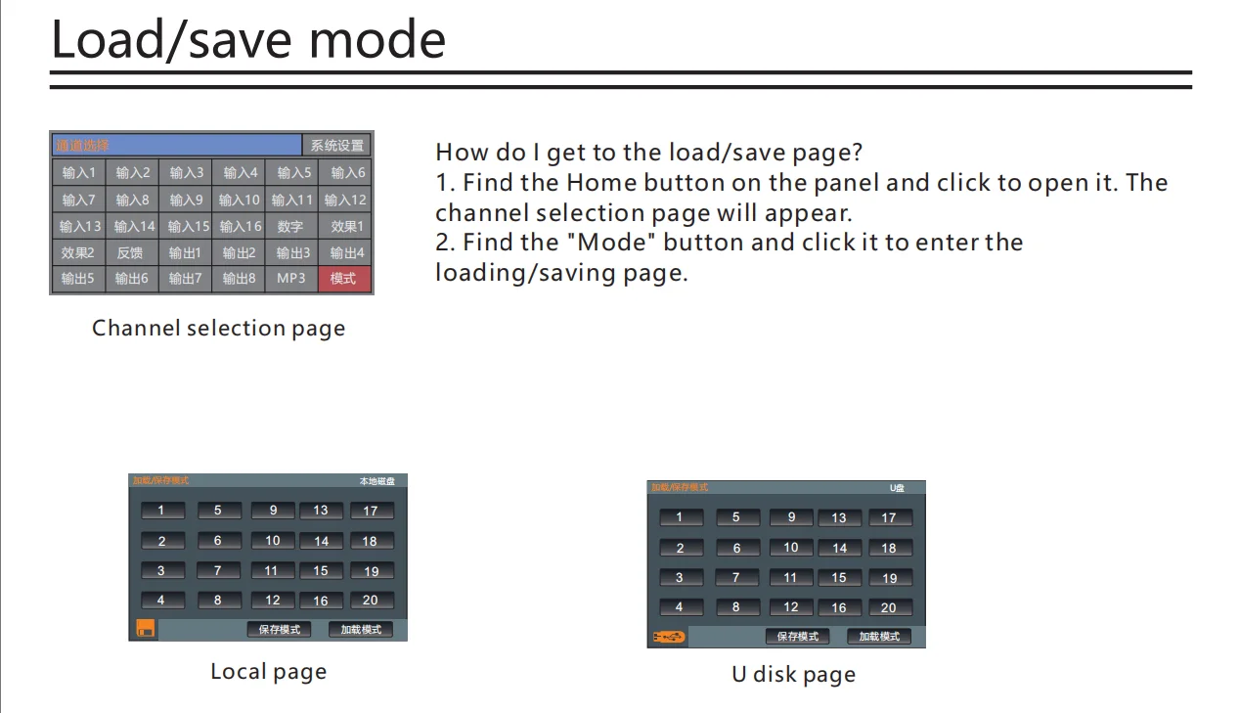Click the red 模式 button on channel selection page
pyautogui.click(x=343, y=279)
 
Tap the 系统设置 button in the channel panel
pyautogui.click(x=337, y=146)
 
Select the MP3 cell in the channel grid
pyautogui.click(x=290, y=279)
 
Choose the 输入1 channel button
pyautogui.click(x=79, y=173)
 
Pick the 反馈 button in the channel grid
pyautogui.click(x=131, y=252)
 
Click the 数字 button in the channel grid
pyautogui.click(x=290, y=226)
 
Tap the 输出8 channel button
pyautogui.click(x=238, y=279)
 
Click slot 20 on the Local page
pyautogui.click(x=371, y=600)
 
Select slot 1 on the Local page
pyautogui.click(x=162, y=511)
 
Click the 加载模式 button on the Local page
pyautogui.click(x=361, y=630)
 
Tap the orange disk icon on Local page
pyautogui.click(x=145, y=629)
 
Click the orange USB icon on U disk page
pyautogui.click(x=670, y=637)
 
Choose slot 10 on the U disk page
pyautogui.click(x=791, y=548)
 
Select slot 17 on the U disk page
pyautogui.click(x=889, y=517)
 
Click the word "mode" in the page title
pyautogui.click(x=376, y=40)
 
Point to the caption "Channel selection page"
pyautogui.click(x=218, y=329)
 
